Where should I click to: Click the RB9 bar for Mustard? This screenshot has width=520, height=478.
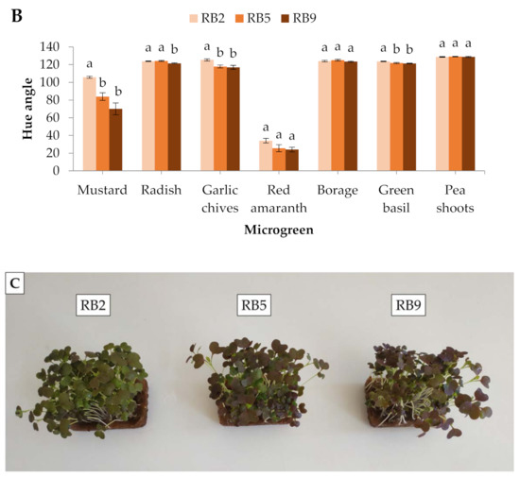tap(115, 141)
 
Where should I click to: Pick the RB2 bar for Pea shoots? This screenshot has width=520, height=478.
tap(442, 114)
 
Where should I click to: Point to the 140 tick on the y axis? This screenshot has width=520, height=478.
tap(49, 47)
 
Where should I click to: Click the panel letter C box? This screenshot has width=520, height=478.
tap(16, 282)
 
